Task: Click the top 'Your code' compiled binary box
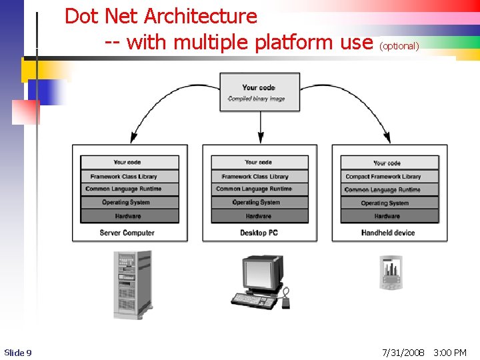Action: click(x=260, y=92)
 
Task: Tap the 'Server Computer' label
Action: click(x=127, y=233)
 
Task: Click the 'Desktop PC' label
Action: click(x=259, y=233)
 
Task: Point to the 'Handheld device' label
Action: click(x=388, y=233)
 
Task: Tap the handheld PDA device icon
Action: click(x=391, y=272)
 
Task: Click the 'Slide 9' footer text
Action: click(x=18, y=352)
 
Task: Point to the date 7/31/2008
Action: click(x=403, y=352)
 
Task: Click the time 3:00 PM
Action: click(x=450, y=352)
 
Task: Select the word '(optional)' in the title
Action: click(x=399, y=46)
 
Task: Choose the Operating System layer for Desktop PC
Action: click(x=259, y=203)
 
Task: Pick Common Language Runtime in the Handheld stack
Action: click(x=389, y=190)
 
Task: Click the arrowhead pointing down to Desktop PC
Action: click(x=260, y=138)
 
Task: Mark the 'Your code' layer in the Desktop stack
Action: click(x=259, y=163)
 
